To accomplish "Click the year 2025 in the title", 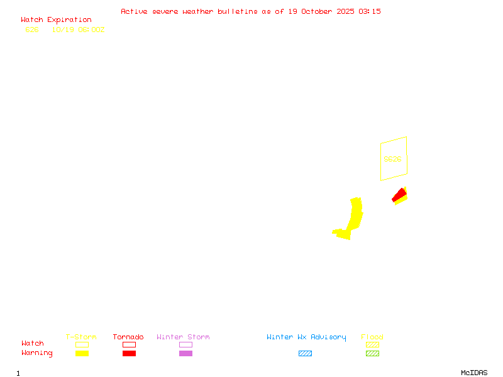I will point(345,11).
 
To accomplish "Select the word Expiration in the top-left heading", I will point(69,20).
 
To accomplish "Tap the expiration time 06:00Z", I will point(91,30).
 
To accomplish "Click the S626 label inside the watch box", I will point(392,159).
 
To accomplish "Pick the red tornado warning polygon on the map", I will point(399,195).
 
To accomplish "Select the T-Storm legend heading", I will point(81,337).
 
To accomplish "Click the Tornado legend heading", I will point(128,337).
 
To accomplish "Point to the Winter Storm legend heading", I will point(183,337).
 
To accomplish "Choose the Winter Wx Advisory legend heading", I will point(306,337).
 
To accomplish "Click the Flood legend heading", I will point(372,337).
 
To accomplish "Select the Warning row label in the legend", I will point(37,353).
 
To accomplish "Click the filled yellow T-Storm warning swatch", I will point(82,353).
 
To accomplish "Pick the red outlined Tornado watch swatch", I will point(129,344).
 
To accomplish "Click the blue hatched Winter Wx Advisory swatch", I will point(305,353).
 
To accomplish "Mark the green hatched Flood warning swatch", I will point(372,353).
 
